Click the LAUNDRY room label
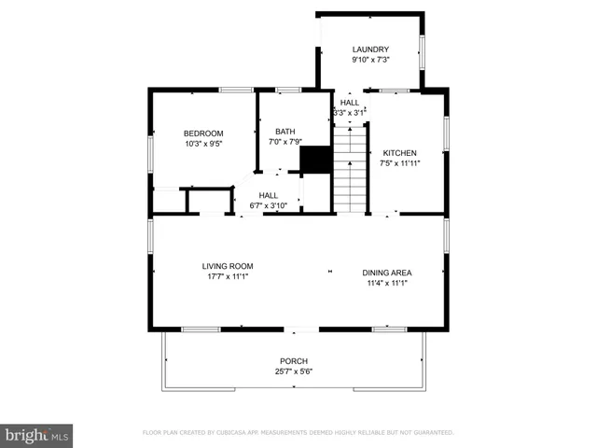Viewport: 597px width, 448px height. (x=370, y=49)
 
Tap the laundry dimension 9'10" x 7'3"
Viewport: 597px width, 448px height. (x=370, y=60)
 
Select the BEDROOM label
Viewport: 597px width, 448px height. (x=202, y=133)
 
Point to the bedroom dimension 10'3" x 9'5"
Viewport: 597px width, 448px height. (x=202, y=144)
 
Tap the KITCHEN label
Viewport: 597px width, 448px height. (x=400, y=153)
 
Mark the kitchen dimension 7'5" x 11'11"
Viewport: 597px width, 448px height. (x=400, y=163)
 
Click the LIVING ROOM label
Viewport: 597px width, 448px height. (x=228, y=266)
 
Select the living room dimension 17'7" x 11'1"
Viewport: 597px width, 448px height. (x=228, y=276)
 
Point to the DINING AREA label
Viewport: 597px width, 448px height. (x=387, y=273)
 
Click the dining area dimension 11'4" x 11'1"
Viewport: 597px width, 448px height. (x=387, y=283)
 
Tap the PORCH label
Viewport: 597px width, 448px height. (x=294, y=361)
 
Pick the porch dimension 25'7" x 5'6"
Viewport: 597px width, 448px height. (x=294, y=371)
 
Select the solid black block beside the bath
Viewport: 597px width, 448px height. (x=316, y=160)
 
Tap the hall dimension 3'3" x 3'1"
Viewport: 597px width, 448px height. (x=350, y=113)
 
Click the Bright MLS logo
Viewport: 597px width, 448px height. (x=37, y=435)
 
